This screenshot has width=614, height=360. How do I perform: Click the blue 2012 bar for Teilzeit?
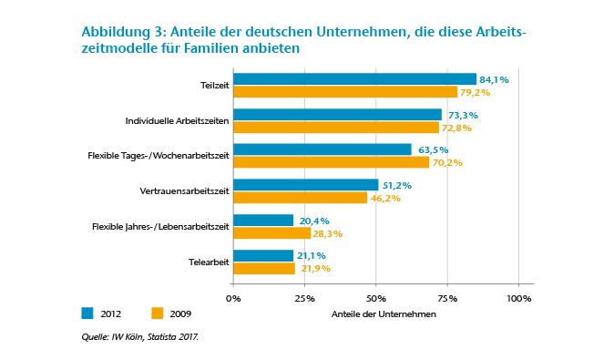click(x=354, y=79)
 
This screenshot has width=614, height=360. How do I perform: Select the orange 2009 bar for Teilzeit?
click(x=345, y=92)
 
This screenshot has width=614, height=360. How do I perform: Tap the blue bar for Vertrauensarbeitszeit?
click(x=305, y=185)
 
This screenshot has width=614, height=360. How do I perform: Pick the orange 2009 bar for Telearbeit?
click(x=264, y=268)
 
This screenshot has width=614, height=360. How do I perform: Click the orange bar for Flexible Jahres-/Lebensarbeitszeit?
click(x=271, y=233)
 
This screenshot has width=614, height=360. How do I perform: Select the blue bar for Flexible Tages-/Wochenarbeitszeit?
click(x=322, y=149)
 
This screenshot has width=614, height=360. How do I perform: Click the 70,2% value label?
click(x=447, y=163)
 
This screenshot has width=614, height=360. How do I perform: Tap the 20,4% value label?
click(x=314, y=221)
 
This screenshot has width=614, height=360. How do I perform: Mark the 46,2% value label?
click(x=386, y=198)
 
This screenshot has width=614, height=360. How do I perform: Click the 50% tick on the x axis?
click(x=375, y=298)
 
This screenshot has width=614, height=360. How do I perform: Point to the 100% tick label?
click(x=518, y=298)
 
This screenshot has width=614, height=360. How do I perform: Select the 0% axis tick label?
click(x=233, y=298)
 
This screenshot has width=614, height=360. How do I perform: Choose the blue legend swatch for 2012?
click(x=87, y=314)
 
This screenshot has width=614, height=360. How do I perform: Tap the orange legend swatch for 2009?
click(x=157, y=314)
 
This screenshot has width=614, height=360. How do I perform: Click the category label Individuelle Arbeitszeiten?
click(x=176, y=120)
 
